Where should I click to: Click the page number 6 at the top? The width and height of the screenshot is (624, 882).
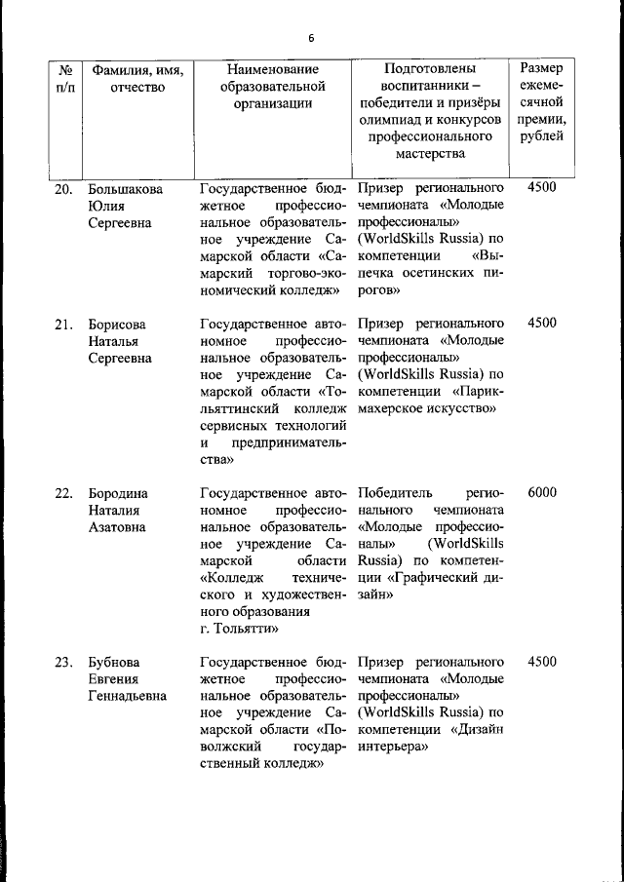(311, 38)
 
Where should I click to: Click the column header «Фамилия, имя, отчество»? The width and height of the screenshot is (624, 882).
(137, 79)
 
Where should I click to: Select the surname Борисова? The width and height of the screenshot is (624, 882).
(117, 324)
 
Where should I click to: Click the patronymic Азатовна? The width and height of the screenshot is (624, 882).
(117, 527)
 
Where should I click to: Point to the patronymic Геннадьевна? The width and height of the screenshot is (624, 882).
(127, 697)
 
